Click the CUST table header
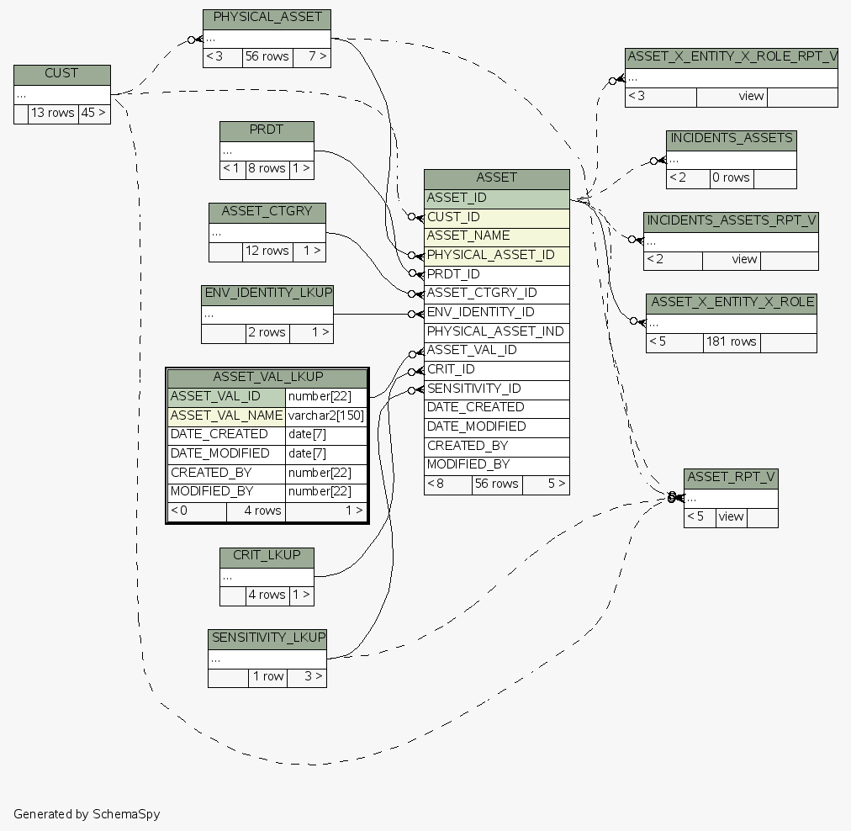[61, 74]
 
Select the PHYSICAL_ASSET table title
[267, 19]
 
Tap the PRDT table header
[267, 131]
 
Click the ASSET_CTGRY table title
[267, 212]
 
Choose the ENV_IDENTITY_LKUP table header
[267, 294]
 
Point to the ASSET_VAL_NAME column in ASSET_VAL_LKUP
[226, 415]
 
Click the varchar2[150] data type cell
[326, 415]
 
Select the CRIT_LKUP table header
[267, 557]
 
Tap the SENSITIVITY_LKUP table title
[267, 638]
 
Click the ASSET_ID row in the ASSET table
[496, 198]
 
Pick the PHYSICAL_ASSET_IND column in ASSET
[496, 331]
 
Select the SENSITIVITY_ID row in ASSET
[496, 389]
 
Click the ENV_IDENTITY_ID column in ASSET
[496, 313]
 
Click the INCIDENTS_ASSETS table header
[731, 139]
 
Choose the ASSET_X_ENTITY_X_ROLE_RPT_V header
[732, 57]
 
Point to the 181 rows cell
[732, 342]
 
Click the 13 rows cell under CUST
[53, 113]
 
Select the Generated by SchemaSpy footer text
[87, 814]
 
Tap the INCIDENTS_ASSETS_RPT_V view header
[731, 221]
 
